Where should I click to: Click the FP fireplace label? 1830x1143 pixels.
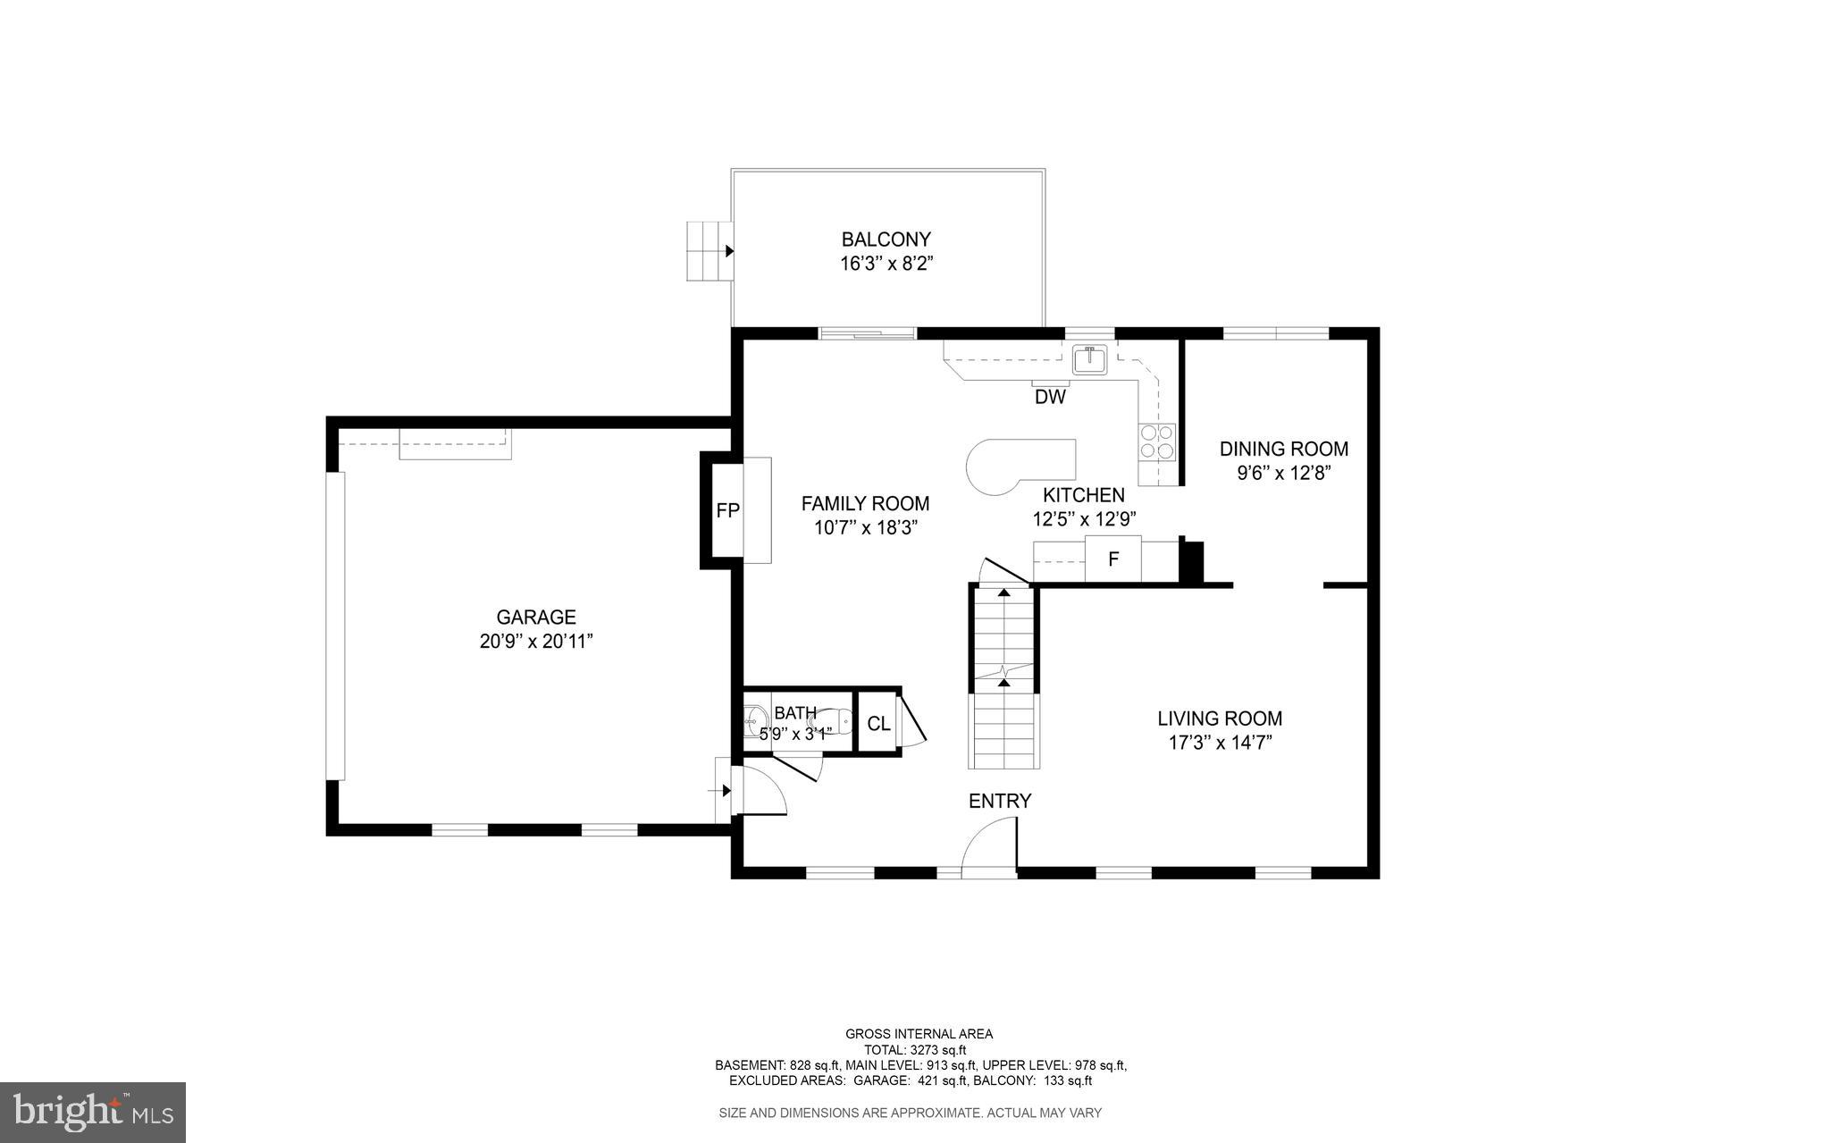pos(727,511)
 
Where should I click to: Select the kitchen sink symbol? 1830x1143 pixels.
pos(1090,359)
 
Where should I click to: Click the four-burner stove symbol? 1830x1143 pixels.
pos(1156,441)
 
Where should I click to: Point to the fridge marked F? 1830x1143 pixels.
pos(1113,559)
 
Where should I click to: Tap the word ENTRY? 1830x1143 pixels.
pos(1000,801)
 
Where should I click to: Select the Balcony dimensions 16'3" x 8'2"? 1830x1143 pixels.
pos(886,264)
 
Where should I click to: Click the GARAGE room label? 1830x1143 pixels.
pos(536,617)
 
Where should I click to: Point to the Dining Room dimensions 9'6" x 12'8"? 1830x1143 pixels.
pos(1284,473)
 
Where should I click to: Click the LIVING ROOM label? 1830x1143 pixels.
pos(1220,719)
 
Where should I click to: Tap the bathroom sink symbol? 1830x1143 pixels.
pos(755,718)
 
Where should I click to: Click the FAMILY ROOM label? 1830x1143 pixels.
pos(865,503)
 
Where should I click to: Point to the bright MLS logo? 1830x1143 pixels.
pos(93,1112)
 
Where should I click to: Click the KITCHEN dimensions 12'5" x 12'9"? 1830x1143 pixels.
pos(1084,518)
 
